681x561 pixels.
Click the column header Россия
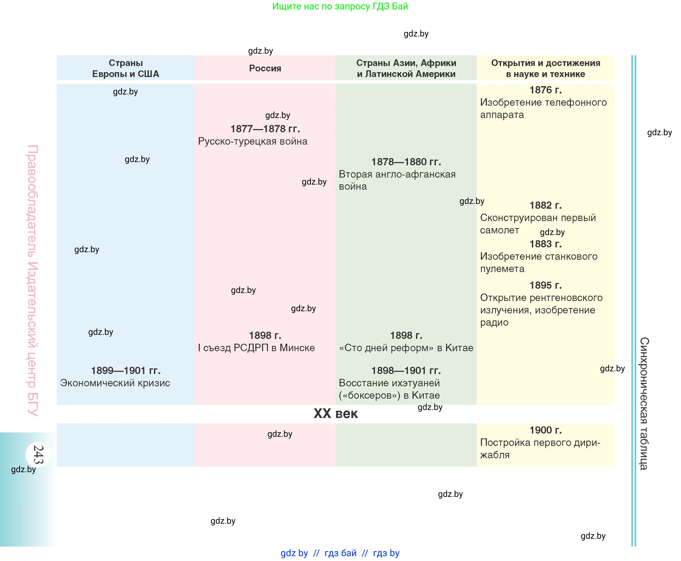[265, 68]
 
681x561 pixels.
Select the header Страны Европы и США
[126, 68]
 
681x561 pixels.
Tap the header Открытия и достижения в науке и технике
[545, 68]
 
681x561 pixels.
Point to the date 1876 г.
[545, 90]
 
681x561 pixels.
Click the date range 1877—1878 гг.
[265, 129]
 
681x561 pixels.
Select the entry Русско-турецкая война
[253, 141]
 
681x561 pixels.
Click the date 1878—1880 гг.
[406, 162]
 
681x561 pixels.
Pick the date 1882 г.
[545, 205]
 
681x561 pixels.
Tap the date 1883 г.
[545, 244]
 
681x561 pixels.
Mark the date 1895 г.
[545, 285]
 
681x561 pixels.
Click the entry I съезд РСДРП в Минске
[256, 348]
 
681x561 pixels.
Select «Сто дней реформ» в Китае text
[406, 348]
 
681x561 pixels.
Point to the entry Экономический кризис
[115, 383]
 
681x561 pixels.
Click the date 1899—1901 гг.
[126, 370]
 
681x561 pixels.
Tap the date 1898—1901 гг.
[406, 370]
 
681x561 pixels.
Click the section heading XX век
[336, 414]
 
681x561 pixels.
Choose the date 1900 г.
[545, 430]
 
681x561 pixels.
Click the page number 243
[38, 454]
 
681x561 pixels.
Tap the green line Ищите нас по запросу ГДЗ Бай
[340, 6]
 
